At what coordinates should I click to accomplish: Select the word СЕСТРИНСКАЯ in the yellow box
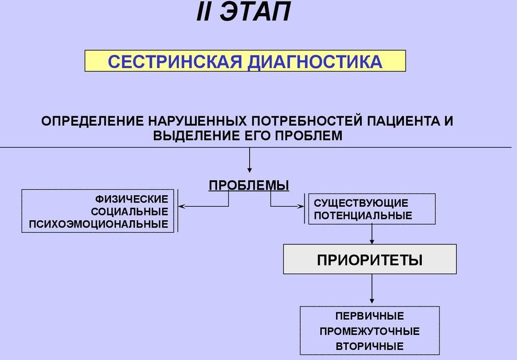click(175, 62)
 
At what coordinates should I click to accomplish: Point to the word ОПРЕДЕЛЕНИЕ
click(93, 121)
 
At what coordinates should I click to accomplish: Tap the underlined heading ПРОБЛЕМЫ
click(249, 185)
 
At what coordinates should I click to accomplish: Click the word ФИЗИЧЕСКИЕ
click(132, 199)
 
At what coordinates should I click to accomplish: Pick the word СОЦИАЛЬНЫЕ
click(129, 211)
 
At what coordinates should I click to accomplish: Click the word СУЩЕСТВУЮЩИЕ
click(361, 203)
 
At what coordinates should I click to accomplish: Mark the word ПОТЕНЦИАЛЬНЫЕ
click(363, 216)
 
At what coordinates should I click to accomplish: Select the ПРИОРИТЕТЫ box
click(369, 260)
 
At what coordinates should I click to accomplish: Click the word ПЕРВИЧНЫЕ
click(369, 316)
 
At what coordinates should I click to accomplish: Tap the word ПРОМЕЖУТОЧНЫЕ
click(369, 331)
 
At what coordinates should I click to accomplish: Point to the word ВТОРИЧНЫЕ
click(369, 346)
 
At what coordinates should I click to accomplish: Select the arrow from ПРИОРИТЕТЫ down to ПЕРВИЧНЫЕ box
click(372, 289)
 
